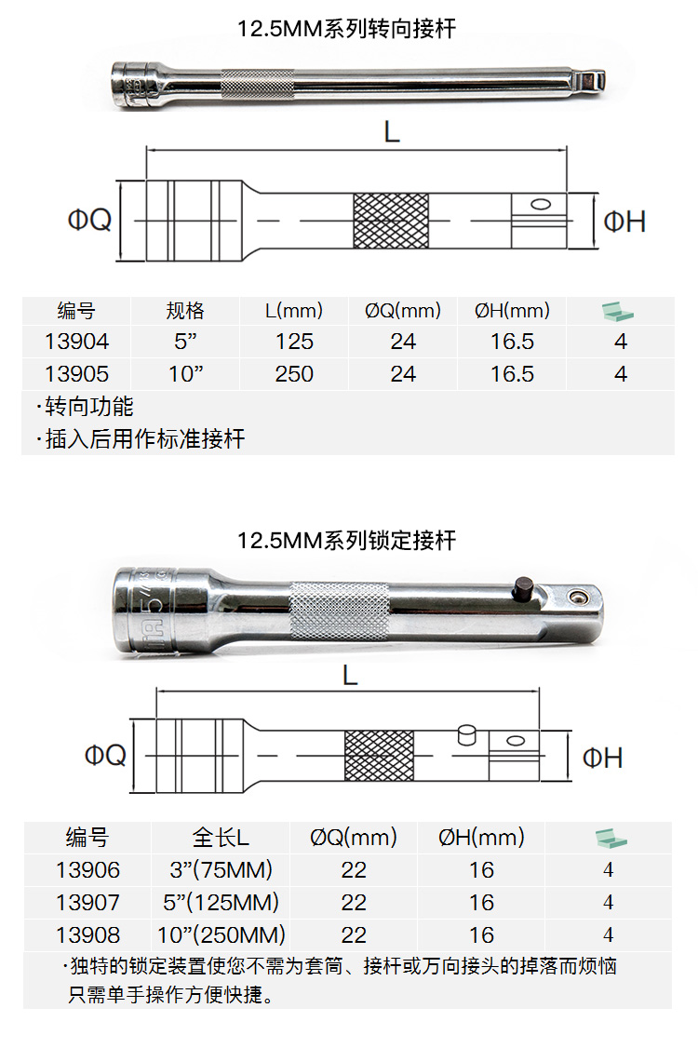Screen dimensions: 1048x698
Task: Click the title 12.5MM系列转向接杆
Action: pos(347,29)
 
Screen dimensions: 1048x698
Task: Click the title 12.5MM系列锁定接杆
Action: pos(347,540)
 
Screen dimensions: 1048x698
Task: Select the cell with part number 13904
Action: pos(76,342)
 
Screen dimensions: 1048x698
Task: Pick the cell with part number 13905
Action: pos(76,374)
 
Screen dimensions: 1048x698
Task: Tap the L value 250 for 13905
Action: pos(294,374)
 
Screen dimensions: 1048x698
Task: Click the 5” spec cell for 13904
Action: pos(185,342)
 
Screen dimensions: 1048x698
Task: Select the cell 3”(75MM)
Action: pos(221,870)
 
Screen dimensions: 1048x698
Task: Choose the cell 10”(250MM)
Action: pos(221,934)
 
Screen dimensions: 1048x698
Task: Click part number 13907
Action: pos(87,902)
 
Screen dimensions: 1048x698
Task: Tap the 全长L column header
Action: pos(221,838)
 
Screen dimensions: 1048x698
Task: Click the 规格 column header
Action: pos(185,311)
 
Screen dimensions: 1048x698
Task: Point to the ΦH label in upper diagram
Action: pos(624,221)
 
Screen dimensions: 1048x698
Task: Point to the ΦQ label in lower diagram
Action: pos(105,755)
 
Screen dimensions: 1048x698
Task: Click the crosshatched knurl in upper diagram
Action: pos(391,221)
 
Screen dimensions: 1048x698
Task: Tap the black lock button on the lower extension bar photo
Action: pos(522,588)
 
